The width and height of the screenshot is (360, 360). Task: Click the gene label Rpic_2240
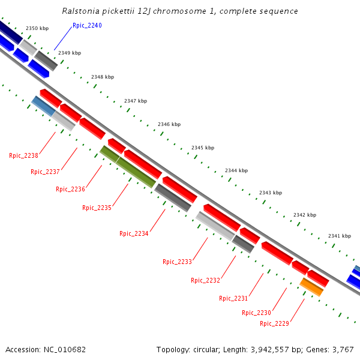[87, 25]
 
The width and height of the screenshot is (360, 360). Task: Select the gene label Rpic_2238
[23, 156]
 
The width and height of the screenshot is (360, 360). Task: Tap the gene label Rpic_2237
[45, 172]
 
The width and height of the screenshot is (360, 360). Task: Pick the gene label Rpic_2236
[70, 190]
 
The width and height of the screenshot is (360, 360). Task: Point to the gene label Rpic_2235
[97, 208]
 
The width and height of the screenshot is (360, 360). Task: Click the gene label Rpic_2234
[134, 234]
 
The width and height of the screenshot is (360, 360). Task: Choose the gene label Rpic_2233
[177, 262]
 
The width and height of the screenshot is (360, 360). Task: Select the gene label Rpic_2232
[205, 280]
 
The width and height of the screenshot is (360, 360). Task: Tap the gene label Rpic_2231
[233, 298]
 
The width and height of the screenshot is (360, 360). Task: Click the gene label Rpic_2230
[256, 313]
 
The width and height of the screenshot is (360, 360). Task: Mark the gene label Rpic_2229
[274, 324]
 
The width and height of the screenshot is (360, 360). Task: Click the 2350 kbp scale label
[37, 29]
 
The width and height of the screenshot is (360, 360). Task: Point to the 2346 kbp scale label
[169, 124]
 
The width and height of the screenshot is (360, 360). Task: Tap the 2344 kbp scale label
[236, 170]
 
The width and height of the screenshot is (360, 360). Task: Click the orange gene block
[312, 287]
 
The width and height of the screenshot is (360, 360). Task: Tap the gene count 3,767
[342, 349]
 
